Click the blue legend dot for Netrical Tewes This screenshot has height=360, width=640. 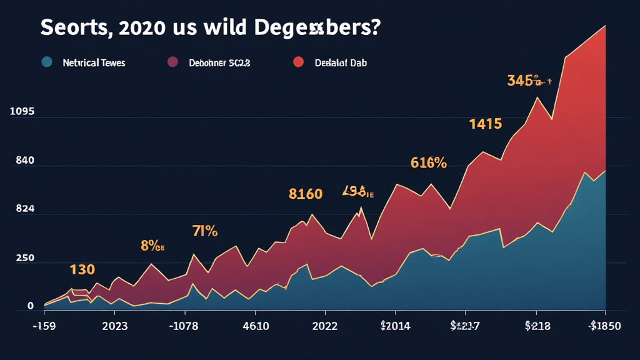click(x=46, y=62)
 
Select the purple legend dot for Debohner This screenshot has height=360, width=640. click(x=173, y=62)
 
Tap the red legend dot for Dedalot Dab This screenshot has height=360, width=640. click(x=298, y=62)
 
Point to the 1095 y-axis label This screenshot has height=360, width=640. click(x=22, y=112)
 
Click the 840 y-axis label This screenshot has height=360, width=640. click(x=24, y=161)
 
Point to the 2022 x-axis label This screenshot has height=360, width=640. click(x=324, y=326)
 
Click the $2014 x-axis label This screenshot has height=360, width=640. click(x=394, y=326)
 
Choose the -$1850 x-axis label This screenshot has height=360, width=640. click(x=604, y=326)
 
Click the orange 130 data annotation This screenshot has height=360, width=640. click(x=82, y=270)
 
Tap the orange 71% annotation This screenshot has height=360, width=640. click(x=204, y=232)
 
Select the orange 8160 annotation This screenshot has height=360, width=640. click(x=306, y=194)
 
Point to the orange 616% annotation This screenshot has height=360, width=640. click(x=429, y=163)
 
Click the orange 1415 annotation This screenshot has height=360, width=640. click(x=486, y=124)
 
